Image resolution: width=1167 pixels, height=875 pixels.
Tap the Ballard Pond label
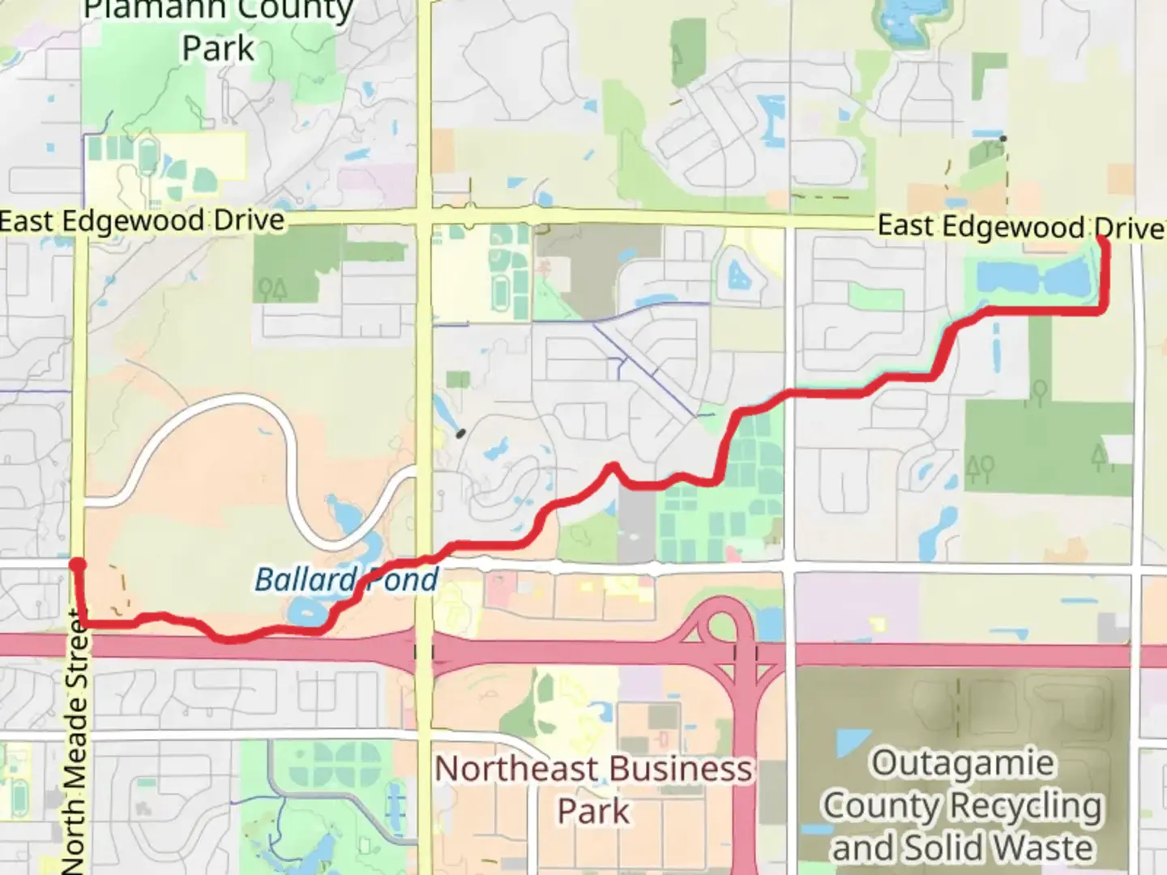coord(346,580)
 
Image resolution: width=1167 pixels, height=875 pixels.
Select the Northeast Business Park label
coord(593,789)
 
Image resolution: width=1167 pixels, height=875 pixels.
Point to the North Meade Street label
coord(75,741)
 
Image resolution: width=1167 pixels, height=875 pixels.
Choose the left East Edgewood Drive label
coord(143,221)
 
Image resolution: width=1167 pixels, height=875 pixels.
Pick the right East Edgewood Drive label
coord(1020,227)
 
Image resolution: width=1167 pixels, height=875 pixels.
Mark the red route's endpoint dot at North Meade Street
coord(78,565)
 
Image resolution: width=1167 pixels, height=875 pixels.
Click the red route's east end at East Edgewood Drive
coord(1104,240)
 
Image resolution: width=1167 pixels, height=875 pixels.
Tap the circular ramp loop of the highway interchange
coord(720,625)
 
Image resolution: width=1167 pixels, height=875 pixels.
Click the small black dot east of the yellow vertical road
coord(461,433)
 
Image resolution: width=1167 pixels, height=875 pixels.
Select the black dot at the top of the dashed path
coord(1003,139)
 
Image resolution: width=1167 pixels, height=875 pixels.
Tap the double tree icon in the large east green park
coord(980,467)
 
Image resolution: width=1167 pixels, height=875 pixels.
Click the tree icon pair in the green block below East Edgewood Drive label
coord(272,288)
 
